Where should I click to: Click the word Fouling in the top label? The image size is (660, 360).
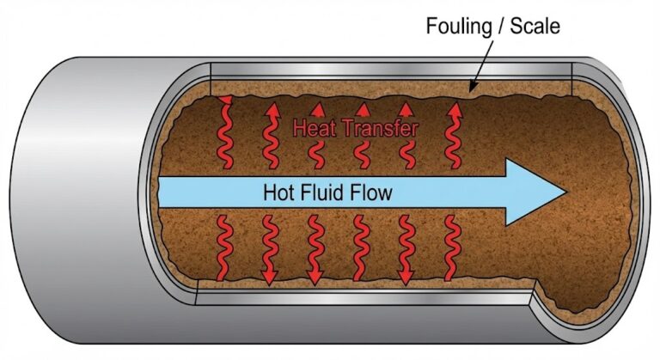point(456,27)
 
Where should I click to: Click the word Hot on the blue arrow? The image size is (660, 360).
point(278,192)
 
